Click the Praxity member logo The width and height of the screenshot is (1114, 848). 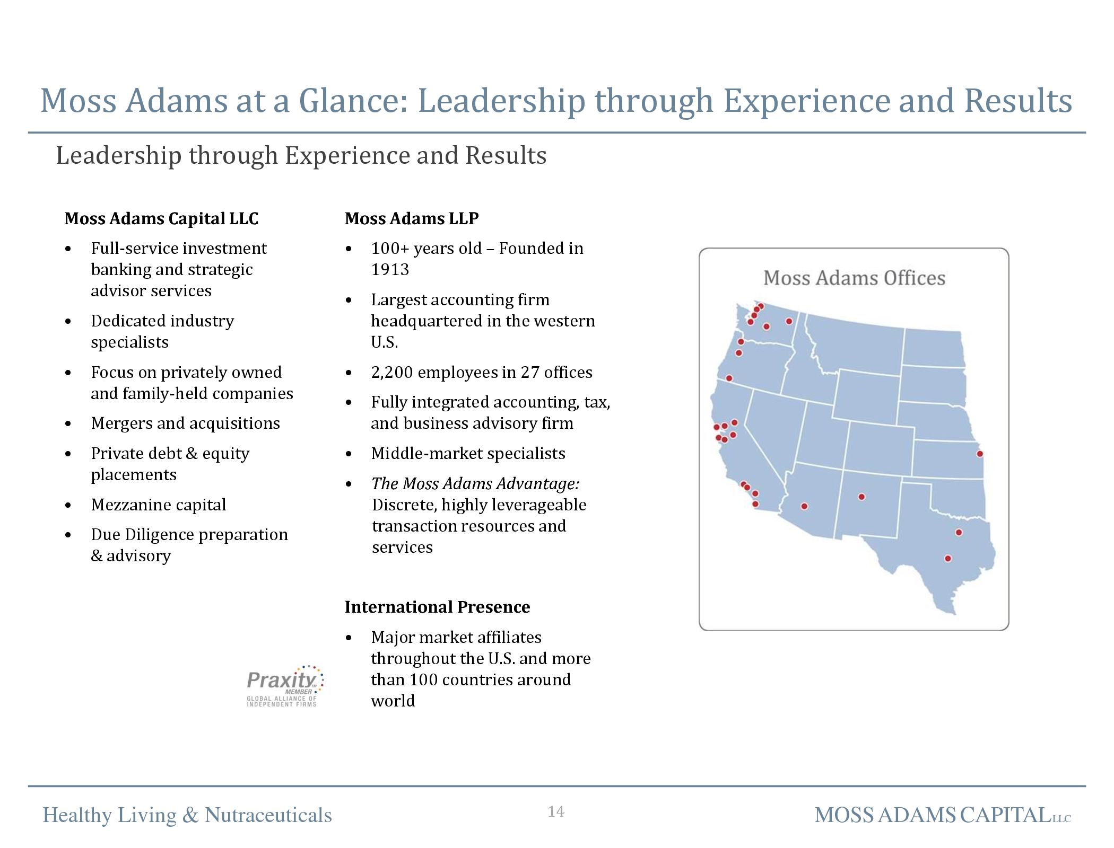[x=285, y=686]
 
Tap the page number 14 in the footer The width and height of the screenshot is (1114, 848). [x=556, y=811]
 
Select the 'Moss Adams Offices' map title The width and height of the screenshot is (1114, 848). [x=854, y=278]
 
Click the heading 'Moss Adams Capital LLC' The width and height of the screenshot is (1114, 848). [x=161, y=218]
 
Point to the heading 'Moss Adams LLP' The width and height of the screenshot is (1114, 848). [x=412, y=218]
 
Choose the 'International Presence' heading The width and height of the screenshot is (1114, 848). [x=437, y=607]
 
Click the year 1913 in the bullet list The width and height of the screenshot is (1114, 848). [x=390, y=269]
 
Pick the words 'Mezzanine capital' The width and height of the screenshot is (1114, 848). [x=159, y=505]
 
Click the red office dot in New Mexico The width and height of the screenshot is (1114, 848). [x=861, y=497]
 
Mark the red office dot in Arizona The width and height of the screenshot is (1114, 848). [x=804, y=506]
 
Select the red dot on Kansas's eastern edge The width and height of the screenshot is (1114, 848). [x=980, y=454]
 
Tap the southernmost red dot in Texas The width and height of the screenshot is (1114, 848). [x=948, y=558]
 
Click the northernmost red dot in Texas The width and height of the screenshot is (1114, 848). [x=959, y=532]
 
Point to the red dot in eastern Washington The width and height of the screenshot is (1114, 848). [x=789, y=321]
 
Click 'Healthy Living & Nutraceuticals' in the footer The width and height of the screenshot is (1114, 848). [x=187, y=815]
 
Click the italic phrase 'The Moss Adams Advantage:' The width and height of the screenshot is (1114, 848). [x=475, y=483]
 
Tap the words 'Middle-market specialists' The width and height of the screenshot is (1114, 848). [x=468, y=453]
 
